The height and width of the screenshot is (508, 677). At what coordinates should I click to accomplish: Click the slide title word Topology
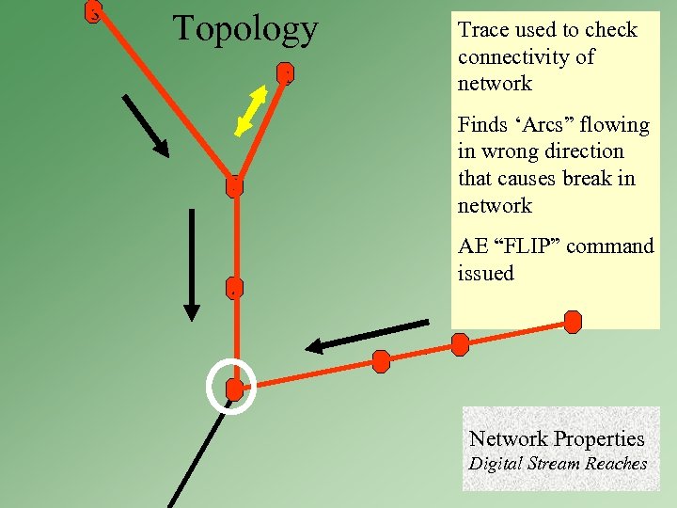coord(245,29)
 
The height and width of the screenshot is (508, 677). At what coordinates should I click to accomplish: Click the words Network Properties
coord(557,438)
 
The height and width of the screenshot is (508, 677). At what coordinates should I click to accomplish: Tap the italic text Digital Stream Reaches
coord(559,463)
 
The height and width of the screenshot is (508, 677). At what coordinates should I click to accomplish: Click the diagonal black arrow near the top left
coord(146,125)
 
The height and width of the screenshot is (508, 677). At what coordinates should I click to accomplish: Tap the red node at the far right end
coord(573,322)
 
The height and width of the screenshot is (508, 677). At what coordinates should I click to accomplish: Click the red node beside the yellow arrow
coord(285,73)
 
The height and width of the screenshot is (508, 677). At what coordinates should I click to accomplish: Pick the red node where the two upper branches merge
coord(234,185)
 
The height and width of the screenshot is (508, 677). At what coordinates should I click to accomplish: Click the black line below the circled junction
coord(196,461)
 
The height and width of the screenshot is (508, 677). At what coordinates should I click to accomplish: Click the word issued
coord(485,274)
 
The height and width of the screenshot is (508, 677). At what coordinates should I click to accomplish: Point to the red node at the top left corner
coord(93,11)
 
